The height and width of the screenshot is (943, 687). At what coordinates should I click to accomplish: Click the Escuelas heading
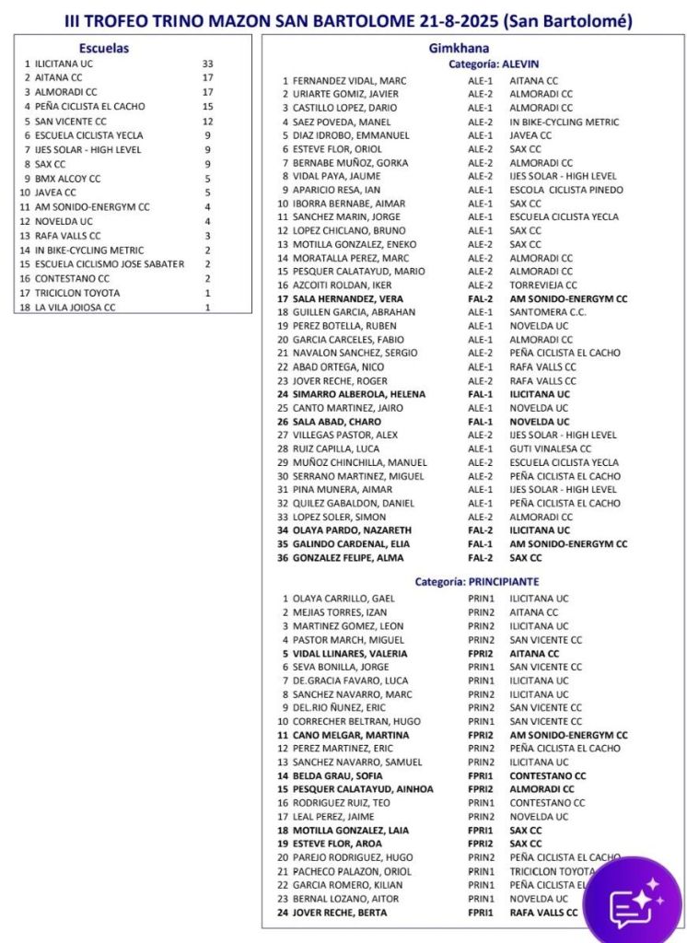pos(104,48)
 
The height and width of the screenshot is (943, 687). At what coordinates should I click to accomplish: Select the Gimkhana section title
pos(459,48)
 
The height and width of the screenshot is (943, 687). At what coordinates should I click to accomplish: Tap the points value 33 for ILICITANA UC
pos(207,64)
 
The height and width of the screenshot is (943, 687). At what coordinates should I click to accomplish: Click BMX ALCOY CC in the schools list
pos(68,179)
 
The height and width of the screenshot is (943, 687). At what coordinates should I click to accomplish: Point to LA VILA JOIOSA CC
pos(76,307)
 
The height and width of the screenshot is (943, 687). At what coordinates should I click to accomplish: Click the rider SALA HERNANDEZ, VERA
pos(348,299)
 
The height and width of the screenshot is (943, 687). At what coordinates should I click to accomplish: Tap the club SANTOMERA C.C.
pos(549,312)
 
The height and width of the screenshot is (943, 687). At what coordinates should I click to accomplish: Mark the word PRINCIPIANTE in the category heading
pos(502,582)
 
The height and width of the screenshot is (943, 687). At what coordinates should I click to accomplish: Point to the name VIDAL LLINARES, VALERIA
pos(350,653)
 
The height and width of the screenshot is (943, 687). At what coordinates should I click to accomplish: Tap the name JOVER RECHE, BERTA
pos(340,912)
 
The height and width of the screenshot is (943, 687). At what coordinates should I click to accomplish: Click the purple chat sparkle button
pos(634,902)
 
